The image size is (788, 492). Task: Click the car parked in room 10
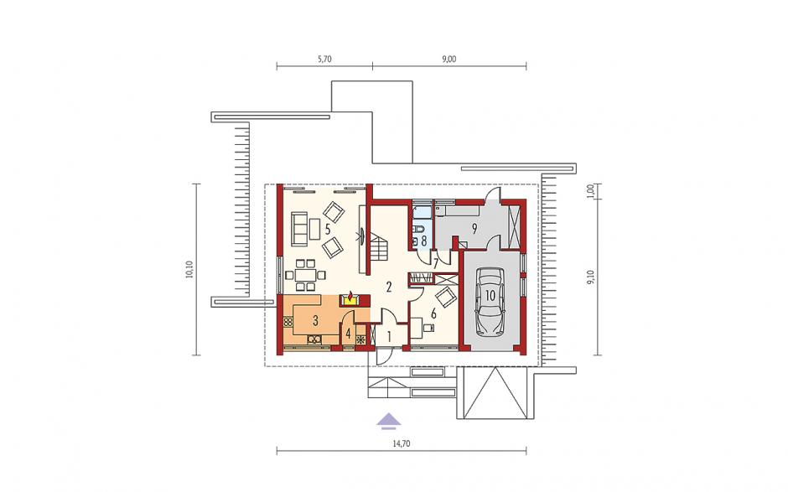pyautogui.click(x=490, y=302)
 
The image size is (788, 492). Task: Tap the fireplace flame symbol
pyautogui.click(x=350, y=296)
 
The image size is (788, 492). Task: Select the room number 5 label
pyautogui.click(x=327, y=230)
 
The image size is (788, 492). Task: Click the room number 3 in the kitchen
pyautogui.click(x=315, y=320)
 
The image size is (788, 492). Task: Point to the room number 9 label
pyautogui.click(x=474, y=229)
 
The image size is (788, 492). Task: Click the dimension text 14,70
pyautogui.click(x=401, y=443)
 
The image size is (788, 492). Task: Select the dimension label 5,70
pyautogui.click(x=324, y=59)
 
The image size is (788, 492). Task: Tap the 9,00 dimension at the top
pyautogui.click(x=449, y=59)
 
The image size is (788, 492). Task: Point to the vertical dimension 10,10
pyautogui.click(x=189, y=269)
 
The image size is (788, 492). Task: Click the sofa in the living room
pyautogui.click(x=298, y=229)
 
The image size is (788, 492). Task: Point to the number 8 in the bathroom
pyautogui.click(x=423, y=241)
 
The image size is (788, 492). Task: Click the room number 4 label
pyautogui.click(x=348, y=334)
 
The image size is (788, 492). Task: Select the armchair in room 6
pyautogui.click(x=445, y=297)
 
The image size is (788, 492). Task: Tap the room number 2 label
pyautogui.click(x=388, y=287)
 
